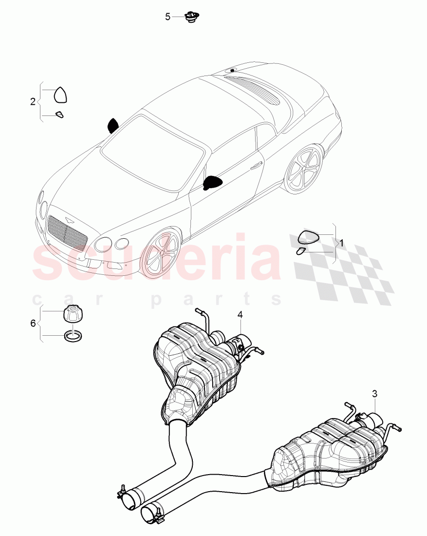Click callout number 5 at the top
pyautogui.click(x=167, y=17)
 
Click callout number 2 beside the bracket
pyautogui.click(x=33, y=102)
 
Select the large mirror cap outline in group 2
pyautogui.click(x=60, y=95)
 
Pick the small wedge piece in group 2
pyautogui.click(x=59, y=115)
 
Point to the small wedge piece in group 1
pyautogui.click(x=300, y=251)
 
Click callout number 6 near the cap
pyautogui.click(x=33, y=323)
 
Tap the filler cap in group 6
pyautogui.click(x=73, y=313)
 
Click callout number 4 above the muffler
pyautogui.click(x=240, y=315)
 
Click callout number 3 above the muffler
pyautogui.click(x=374, y=393)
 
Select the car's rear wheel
pyautogui.click(x=302, y=169)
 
